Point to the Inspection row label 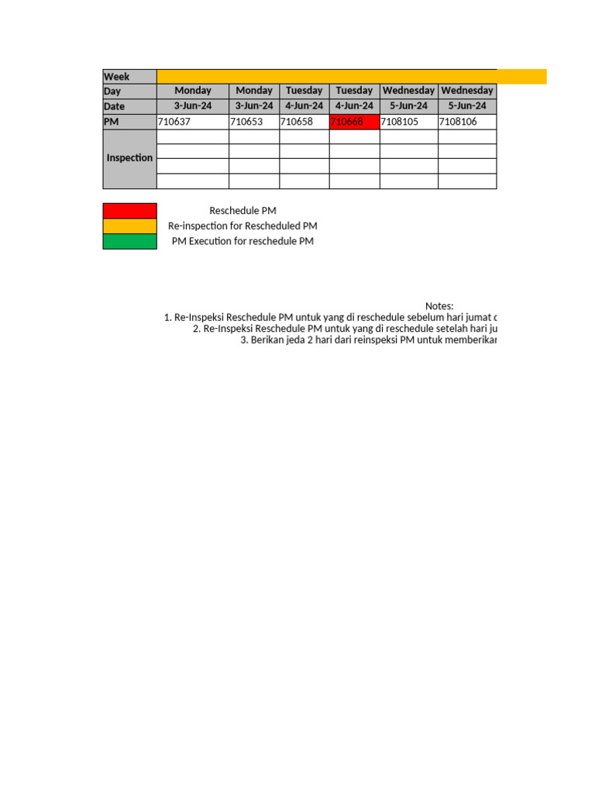tap(129, 158)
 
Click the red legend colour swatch tap(129, 211)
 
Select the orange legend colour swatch tap(129, 226)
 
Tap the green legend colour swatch tap(129, 241)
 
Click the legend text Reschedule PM tap(242, 211)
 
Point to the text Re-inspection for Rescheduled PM tap(242, 226)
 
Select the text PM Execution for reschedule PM tap(242, 241)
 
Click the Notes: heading tap(439, 306)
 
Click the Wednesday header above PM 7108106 tap(467, 91)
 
